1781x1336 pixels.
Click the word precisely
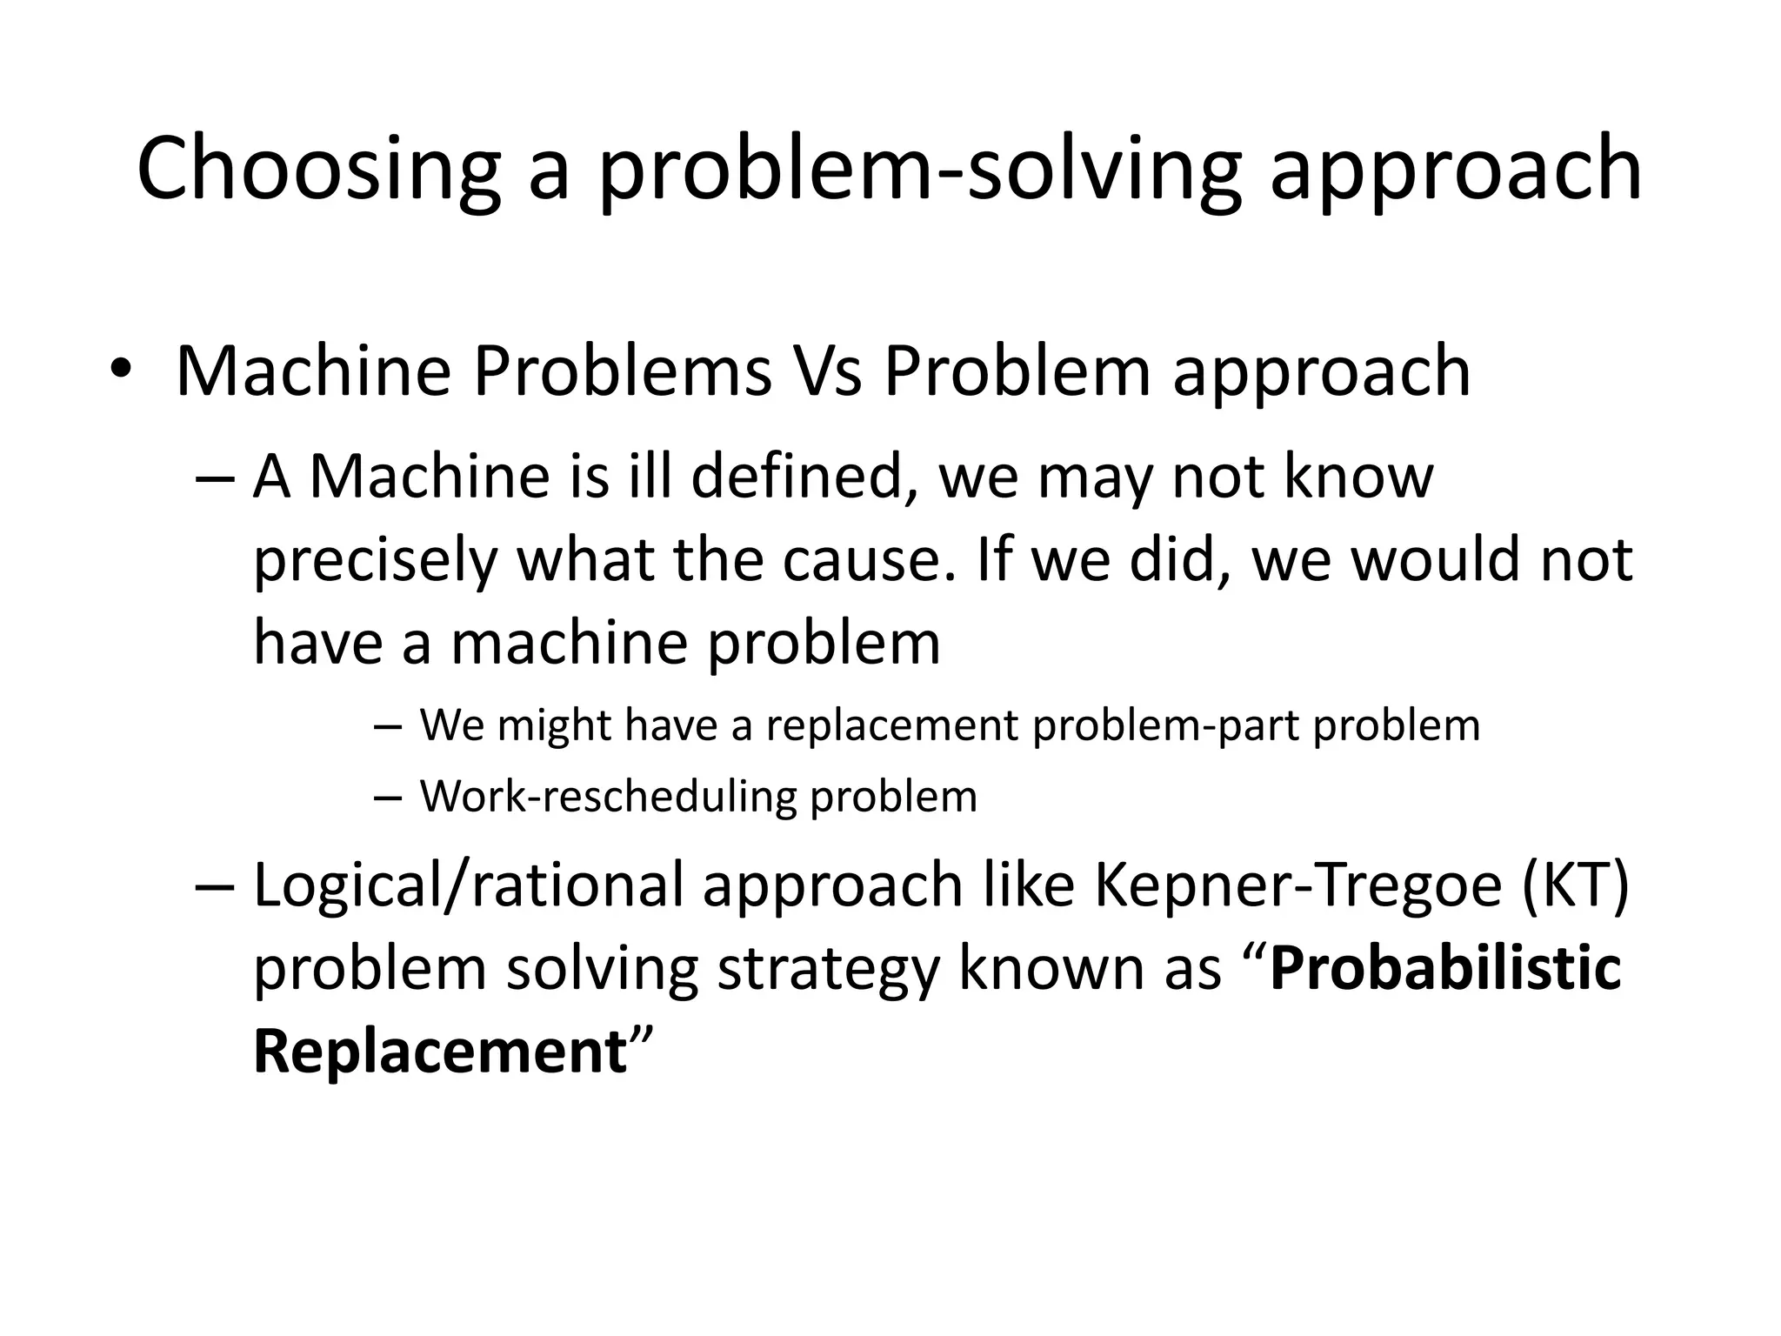375,561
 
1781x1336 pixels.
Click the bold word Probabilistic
1445,967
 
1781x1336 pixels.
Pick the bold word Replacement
440,1051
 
